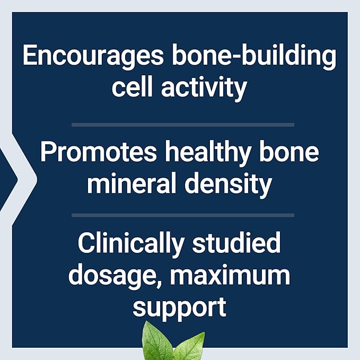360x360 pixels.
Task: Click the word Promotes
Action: (x=99, y=153)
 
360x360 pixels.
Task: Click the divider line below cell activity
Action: (x=182, y=125)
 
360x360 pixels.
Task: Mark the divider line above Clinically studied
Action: (x=182, y=215)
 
